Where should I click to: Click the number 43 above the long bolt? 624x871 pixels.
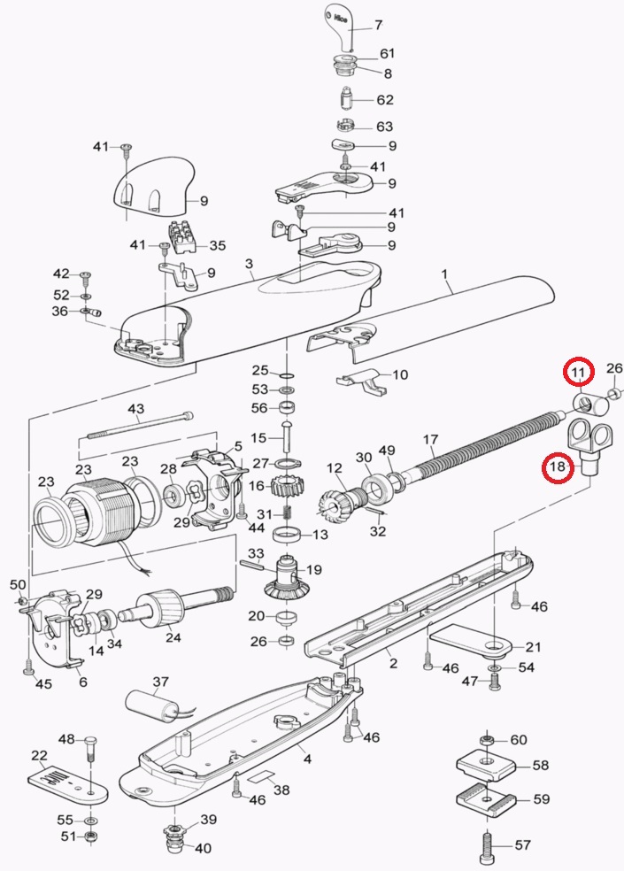pos(135,408)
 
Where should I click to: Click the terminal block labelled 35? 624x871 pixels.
pos(187,235)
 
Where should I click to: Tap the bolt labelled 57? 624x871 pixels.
pos(488,844)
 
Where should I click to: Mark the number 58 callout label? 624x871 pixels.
pos(540,765)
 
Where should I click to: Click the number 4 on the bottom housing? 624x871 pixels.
pos(306,759)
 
